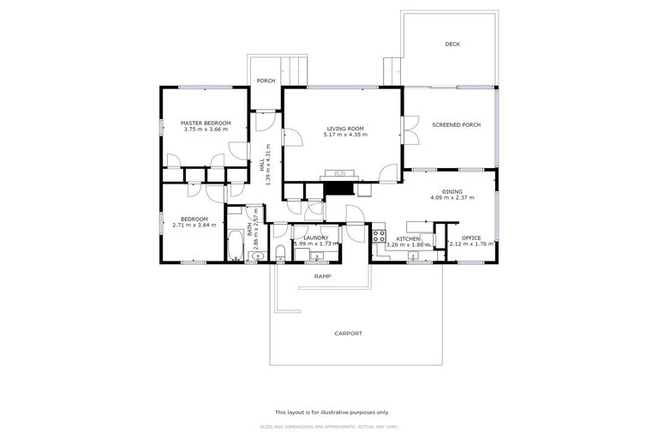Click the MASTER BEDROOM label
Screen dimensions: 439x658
(205, 123)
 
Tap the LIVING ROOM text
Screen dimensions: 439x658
(344, 129)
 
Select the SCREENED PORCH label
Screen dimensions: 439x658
(456, 125)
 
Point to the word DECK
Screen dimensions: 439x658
(452, 45)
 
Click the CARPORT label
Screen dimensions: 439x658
(348, 334)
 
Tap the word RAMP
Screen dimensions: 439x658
(322, 276)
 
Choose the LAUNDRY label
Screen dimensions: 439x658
(315, 238)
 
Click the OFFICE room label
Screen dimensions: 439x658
(471, 238)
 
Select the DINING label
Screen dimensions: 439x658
(452, 192)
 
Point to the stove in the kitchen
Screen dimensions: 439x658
(379, 236)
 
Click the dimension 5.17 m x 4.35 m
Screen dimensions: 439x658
(344, 135)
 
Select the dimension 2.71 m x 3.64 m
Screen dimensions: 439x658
(194, 226)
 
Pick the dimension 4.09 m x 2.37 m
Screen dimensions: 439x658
(452, 199)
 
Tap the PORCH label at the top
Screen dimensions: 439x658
(266, 81)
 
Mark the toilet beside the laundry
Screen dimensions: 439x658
(280, 252)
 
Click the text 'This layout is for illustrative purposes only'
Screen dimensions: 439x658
(331, 412)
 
